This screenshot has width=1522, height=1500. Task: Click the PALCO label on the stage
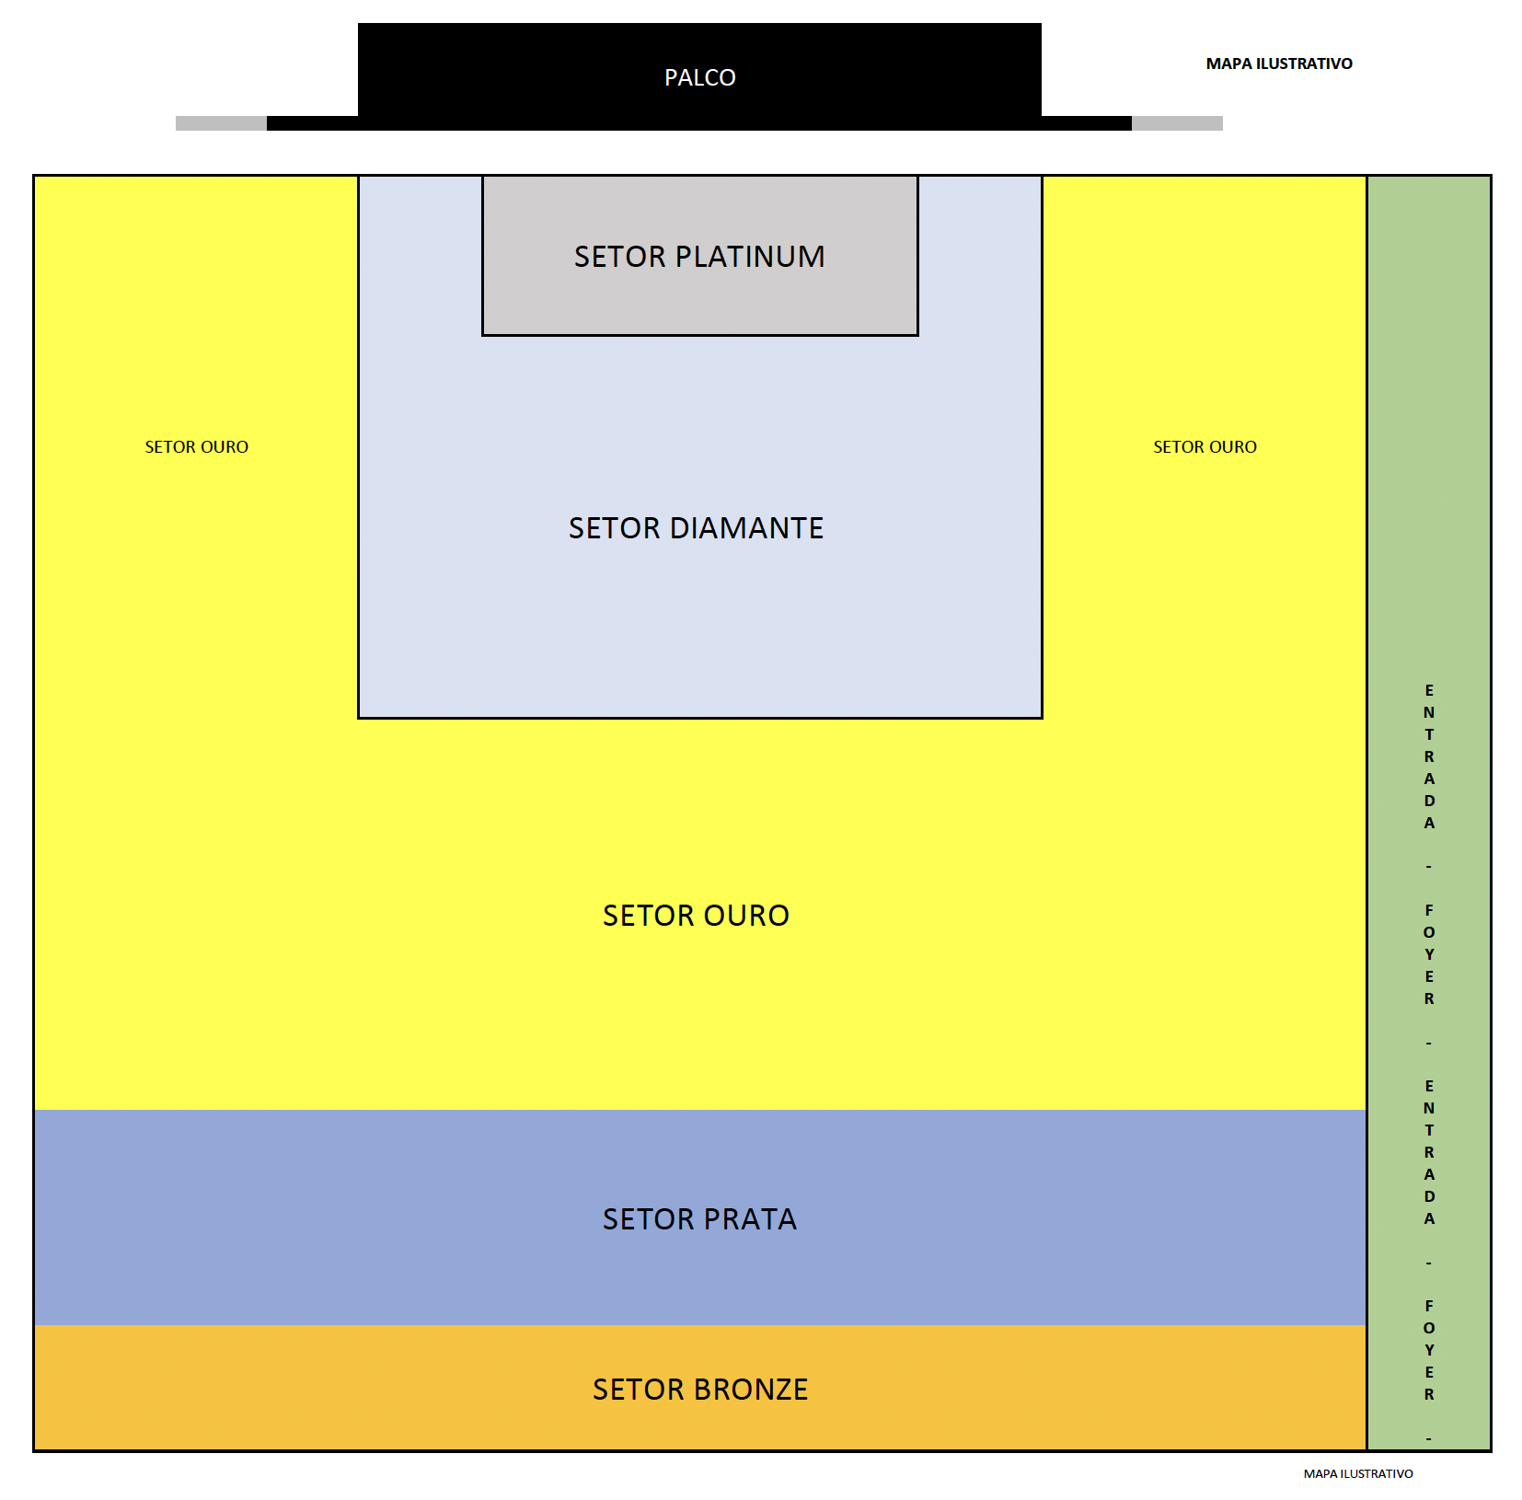[x=699, y=77]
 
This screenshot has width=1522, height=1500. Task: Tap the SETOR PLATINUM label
[x=699, y=256]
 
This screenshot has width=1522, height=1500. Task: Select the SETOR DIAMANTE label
[x=696, y=527]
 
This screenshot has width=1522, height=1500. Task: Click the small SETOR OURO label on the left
[x=196, y=446]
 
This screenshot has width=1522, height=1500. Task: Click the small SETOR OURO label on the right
[x=1205, y=446]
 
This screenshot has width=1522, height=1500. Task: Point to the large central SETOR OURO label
[x=696, y=915]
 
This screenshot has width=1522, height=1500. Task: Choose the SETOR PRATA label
[x=699, y=1218]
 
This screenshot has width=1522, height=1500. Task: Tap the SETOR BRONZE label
[x=700, y=1389]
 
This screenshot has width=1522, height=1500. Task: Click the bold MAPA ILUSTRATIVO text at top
[x=1279, y=63]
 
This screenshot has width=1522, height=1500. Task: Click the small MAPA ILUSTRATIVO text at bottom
[x=1358, y=1473]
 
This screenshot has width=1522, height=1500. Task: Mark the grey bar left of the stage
[x=221, y=123]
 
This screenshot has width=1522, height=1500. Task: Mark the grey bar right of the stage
[x=1177, y=123]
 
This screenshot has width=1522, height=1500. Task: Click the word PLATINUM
[x=750, y=256]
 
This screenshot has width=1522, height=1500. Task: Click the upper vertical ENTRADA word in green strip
[x=1429, y=756]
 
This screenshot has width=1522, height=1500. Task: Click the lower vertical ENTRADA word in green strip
[x=1429, y=1152]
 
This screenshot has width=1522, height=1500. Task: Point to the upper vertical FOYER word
[x=1429, y=954]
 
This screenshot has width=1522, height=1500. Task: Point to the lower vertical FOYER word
[x=1429, y=1350]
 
